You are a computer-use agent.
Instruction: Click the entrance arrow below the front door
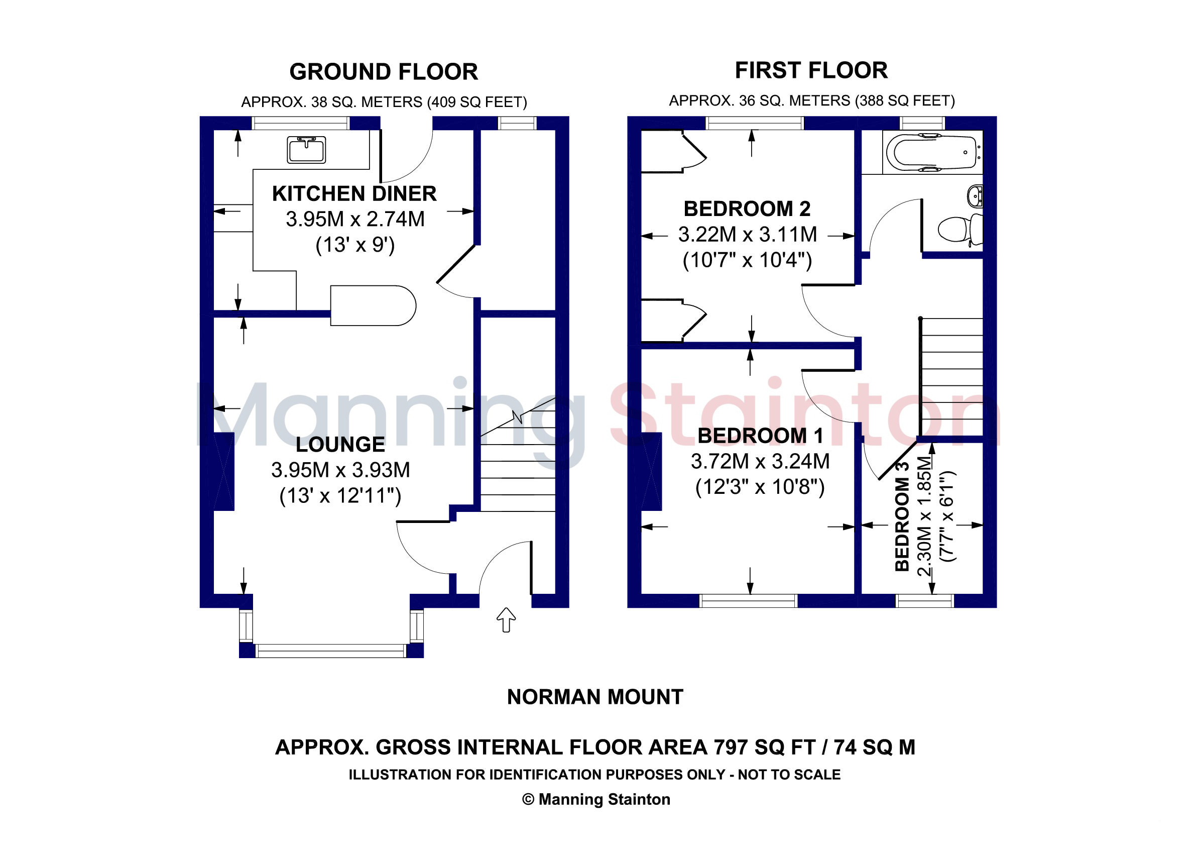(506, 619)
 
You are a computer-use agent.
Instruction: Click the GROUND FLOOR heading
(384, 72)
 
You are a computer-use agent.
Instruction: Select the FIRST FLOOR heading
(811, 70)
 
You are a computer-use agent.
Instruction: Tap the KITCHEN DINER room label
(354, 193)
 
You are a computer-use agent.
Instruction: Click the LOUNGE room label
(340, 445)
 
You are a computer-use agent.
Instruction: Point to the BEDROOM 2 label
(747, 208)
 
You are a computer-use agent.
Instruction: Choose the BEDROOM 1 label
(760, 436)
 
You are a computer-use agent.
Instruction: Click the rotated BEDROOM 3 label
(902, 516)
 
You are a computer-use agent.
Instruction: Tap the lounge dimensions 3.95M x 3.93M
(340, 470)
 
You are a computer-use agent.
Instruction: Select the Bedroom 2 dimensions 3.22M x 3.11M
(747, 234)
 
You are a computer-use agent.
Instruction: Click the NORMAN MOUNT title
(595, 697)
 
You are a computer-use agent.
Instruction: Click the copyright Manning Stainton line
(596, 799)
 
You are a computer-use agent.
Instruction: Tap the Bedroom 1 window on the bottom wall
(748, 600)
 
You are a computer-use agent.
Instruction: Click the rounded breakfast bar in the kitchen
(373, 305)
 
